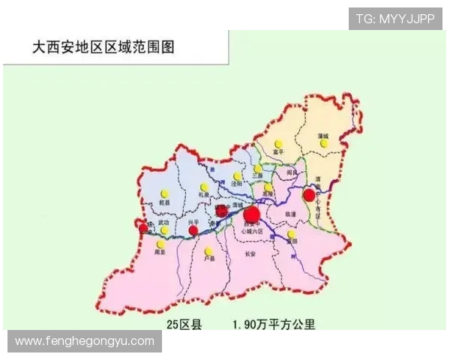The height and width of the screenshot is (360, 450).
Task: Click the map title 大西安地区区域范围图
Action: coord(103,46)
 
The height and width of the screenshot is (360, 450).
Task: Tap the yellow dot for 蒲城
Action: coord(324,142)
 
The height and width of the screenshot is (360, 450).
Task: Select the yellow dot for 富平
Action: coord(278,143)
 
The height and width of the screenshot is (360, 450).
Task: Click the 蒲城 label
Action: coord(324,134)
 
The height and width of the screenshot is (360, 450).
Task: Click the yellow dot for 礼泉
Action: coord(204,187)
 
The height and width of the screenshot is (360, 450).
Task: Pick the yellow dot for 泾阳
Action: coord(237,176)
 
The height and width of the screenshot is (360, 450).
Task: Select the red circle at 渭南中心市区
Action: coord(309,195)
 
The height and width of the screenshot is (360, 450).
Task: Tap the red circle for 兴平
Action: coord(193,230)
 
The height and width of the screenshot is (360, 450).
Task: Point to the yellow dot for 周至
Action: coord(160,244)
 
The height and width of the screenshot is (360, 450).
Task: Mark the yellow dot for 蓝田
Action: coord(291,234)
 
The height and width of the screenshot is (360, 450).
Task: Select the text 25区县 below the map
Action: coord(184,325)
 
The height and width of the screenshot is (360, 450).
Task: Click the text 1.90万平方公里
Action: coord(274,325)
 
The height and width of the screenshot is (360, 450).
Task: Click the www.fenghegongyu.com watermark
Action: coord(84,341)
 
